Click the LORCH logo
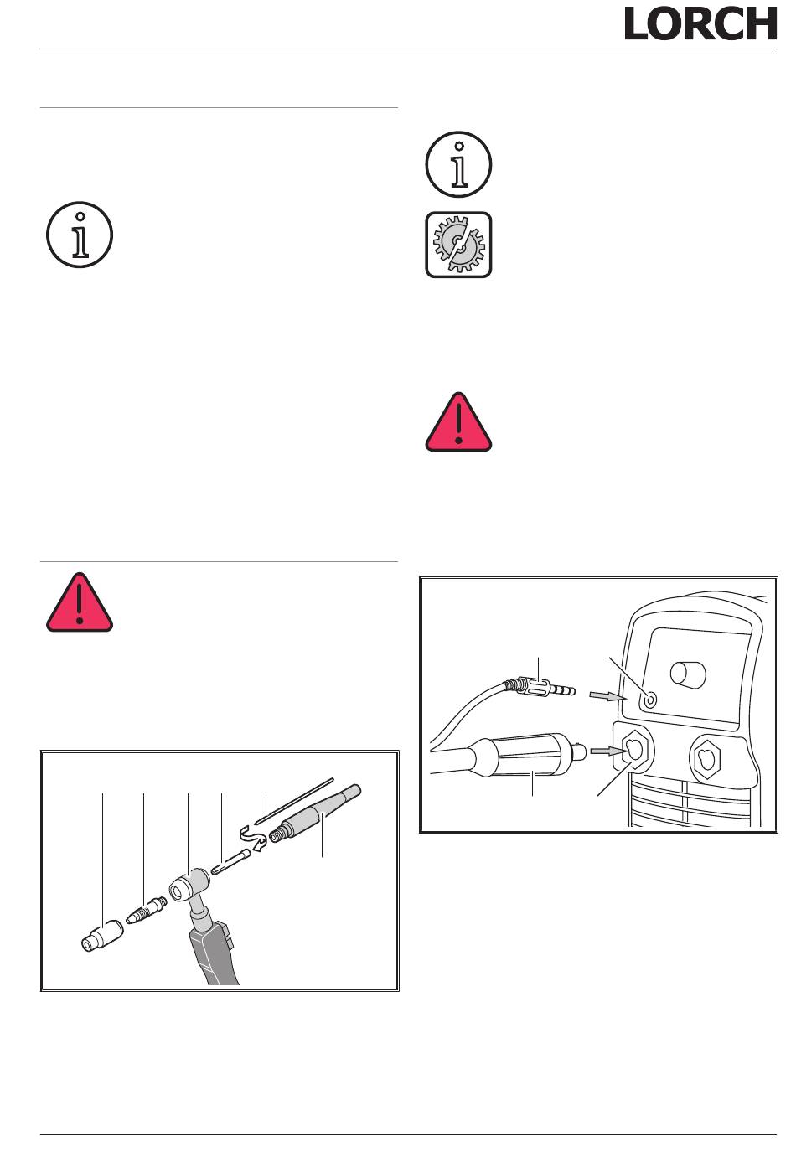[700, 23]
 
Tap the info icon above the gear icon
[458, 164]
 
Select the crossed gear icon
[458, 245]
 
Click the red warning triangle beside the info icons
[458, 422]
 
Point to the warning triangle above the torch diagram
[80, 602]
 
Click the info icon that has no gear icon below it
[80, 235]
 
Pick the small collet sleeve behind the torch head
[231, 861]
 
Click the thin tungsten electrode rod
[293, 800]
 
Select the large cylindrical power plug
[530, 755]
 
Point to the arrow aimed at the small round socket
[608, 696]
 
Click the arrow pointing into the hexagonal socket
[608, 751]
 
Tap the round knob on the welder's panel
[688, 673]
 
